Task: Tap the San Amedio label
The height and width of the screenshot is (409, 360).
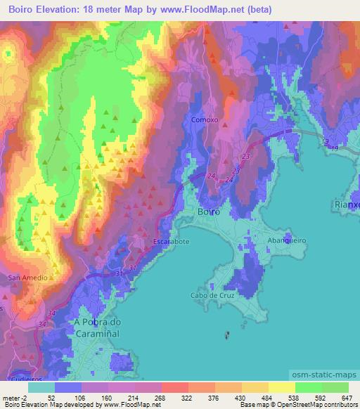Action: [x=28, y=278]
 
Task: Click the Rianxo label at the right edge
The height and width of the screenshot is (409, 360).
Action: [x=346, y=204]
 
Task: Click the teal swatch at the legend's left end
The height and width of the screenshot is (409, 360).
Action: [x=41, y=387]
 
